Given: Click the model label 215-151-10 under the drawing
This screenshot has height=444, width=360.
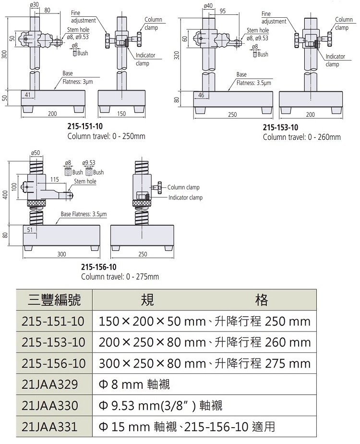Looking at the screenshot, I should pyautogui.click(x=85, y=127).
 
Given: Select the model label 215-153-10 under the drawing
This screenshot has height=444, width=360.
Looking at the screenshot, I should pyautogui.click(x=280, y=128).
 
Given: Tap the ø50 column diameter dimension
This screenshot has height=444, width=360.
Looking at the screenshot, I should pyautogui.click(x=36, y=152).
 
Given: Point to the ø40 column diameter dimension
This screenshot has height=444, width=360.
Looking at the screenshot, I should pyautogui.click(x=208, y=5).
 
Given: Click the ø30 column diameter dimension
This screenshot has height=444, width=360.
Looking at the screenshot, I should pyautogui.click(x=34, y=4).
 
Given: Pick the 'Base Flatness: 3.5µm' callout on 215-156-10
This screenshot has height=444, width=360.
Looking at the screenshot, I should pyautogui.click(x=84, y=214).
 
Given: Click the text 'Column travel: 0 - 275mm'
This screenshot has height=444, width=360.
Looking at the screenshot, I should pyautogui.click(x=120, y=277).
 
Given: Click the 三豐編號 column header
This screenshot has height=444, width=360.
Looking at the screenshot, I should pyautogui.click(x=53, y=300).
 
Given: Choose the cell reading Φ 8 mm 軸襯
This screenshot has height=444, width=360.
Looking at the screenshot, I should pyautogui.click(x=135, y=384).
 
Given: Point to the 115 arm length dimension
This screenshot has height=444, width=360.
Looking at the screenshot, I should pyautogui.click(x=54, y=179).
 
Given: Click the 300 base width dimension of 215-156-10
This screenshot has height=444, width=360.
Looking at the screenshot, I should pyautogui.click(x=61, y=254).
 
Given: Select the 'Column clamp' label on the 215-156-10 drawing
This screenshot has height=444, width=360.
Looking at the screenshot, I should pyautogui.click(x=183, y=187).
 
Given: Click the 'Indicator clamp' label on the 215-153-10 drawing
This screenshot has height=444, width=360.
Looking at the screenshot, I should pyautogui.click(x=335, y=60).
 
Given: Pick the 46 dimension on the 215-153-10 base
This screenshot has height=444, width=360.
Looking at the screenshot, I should pyautogui.click(x=201, y=96).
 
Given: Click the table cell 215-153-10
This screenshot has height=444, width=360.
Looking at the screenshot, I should pyautogui.click(x=53, y=342).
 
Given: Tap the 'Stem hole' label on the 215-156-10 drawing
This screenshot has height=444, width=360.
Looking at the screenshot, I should pyautogui.click(x=85, y=181).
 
